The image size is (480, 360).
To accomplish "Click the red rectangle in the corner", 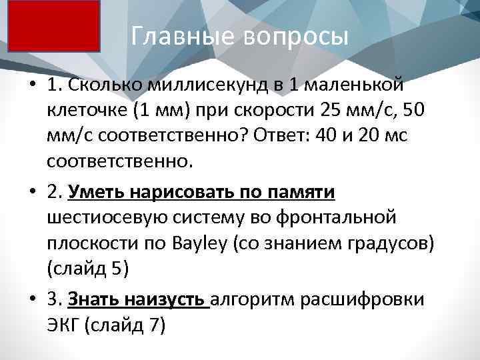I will click(x=53, y=25).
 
